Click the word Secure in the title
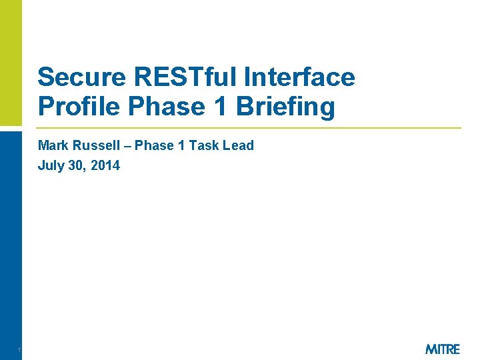(x=73, y=77)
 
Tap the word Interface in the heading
(x=299, y=77)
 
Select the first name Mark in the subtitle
(x=51, y=145)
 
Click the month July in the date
(x=50, y=165)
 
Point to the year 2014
(x=105, y=165)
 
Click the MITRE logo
(x=442, y=349)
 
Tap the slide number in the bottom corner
(x=20, y=350)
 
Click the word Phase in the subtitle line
(x=154, y=145)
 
